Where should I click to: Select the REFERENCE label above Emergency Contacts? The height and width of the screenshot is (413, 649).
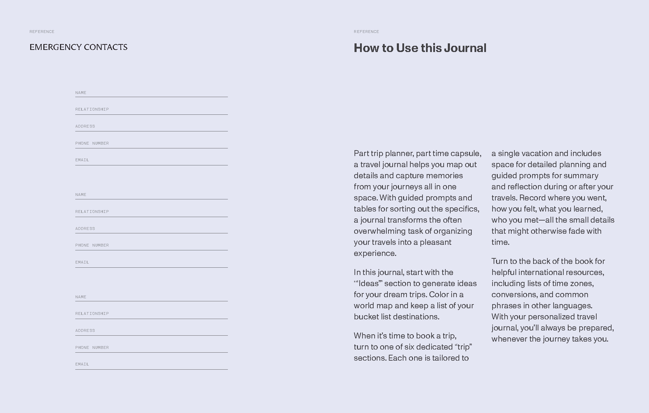pos(42,32)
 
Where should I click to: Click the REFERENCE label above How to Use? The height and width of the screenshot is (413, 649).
pos(366,32)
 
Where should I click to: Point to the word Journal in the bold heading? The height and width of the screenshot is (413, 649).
pos(465,48)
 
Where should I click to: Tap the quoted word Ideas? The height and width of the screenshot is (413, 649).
pos(368,283)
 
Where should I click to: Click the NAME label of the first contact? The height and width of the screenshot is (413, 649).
pos(81,93)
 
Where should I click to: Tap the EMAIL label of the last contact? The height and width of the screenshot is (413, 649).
pos(82,364)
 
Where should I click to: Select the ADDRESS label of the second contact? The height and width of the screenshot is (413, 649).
pos(85,229)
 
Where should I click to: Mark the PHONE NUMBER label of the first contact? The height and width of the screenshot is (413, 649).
pos(92,143)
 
